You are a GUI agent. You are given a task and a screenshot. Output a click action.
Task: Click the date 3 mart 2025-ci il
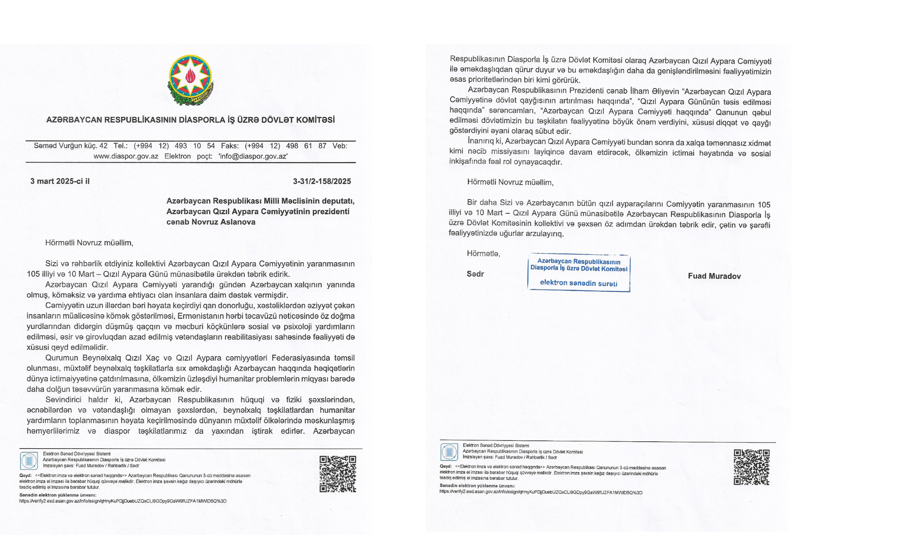(x=60, y=181)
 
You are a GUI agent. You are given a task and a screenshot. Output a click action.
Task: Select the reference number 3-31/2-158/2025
(x=322, y=181)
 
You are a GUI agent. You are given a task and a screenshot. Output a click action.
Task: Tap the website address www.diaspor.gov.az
(x=126, y=157)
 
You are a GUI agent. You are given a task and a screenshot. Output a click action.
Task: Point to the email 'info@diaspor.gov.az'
(x=253, y=157)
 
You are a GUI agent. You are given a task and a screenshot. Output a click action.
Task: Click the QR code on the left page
(x=338, y=474)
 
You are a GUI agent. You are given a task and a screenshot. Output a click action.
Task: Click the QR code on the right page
(x=751, y=467)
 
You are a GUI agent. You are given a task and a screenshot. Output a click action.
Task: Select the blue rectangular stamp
(x=579, y=272)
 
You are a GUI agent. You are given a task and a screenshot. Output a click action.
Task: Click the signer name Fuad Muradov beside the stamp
(x=714, y=276)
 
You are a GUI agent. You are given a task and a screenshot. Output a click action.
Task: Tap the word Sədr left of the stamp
(x=475, y=274)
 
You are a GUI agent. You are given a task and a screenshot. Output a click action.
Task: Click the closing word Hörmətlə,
(x=483, y=253)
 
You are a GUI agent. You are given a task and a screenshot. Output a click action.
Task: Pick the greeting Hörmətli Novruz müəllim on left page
(x=89, y=243)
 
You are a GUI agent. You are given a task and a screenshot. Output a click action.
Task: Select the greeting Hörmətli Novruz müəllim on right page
(x=510, y=182)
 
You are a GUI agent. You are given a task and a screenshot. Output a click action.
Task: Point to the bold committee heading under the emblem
(x=190, y=120)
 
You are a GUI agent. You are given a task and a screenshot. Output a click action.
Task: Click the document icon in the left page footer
(x=29, y=461)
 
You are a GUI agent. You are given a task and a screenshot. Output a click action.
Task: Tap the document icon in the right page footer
(x=449, y=452)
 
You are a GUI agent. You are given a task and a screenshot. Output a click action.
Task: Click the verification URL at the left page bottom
(x=123, y=501)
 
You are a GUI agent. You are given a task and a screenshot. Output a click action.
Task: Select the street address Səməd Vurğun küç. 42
(x=71, y=146)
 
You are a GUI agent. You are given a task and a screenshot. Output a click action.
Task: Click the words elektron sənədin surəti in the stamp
(x=578, y=283)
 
